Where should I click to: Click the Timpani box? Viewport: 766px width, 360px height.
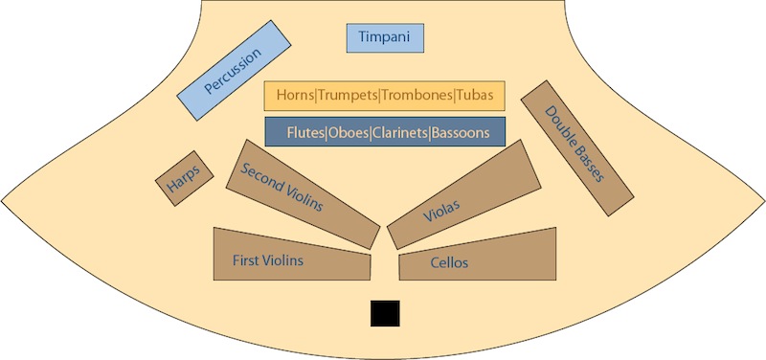384,37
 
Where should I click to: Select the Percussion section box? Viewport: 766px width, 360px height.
234,72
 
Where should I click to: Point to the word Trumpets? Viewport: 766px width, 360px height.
348,95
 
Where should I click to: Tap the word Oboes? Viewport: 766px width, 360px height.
349,131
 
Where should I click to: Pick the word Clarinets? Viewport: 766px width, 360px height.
399,131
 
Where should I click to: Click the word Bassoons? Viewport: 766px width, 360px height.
461,131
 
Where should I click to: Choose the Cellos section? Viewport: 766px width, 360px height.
477,257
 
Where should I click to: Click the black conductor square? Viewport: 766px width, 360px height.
386,313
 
